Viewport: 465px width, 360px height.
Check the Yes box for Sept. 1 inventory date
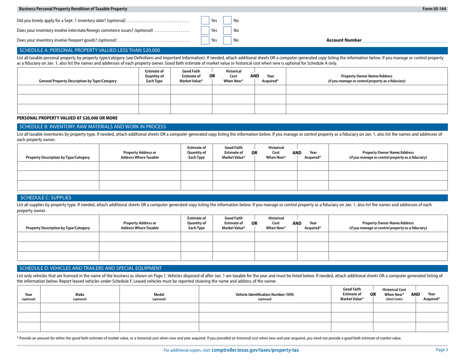click(x=205, y=21)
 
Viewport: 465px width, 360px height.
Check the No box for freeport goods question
click(x=227, y=40)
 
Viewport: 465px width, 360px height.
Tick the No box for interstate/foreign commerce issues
click(x=227, y=30)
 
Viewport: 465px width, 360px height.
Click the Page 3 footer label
click(x=442, y=350)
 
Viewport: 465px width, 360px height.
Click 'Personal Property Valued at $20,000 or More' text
click(x=67, y=118)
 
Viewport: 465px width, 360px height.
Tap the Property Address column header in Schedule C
click(x=139, y=225)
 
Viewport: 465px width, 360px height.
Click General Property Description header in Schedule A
click(x=78, y=81)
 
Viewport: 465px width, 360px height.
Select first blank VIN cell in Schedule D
click(x=264, y=308)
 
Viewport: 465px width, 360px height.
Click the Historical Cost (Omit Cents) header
click(x=394, y=294)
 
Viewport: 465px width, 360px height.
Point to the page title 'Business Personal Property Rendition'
click(x=73, y=9)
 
